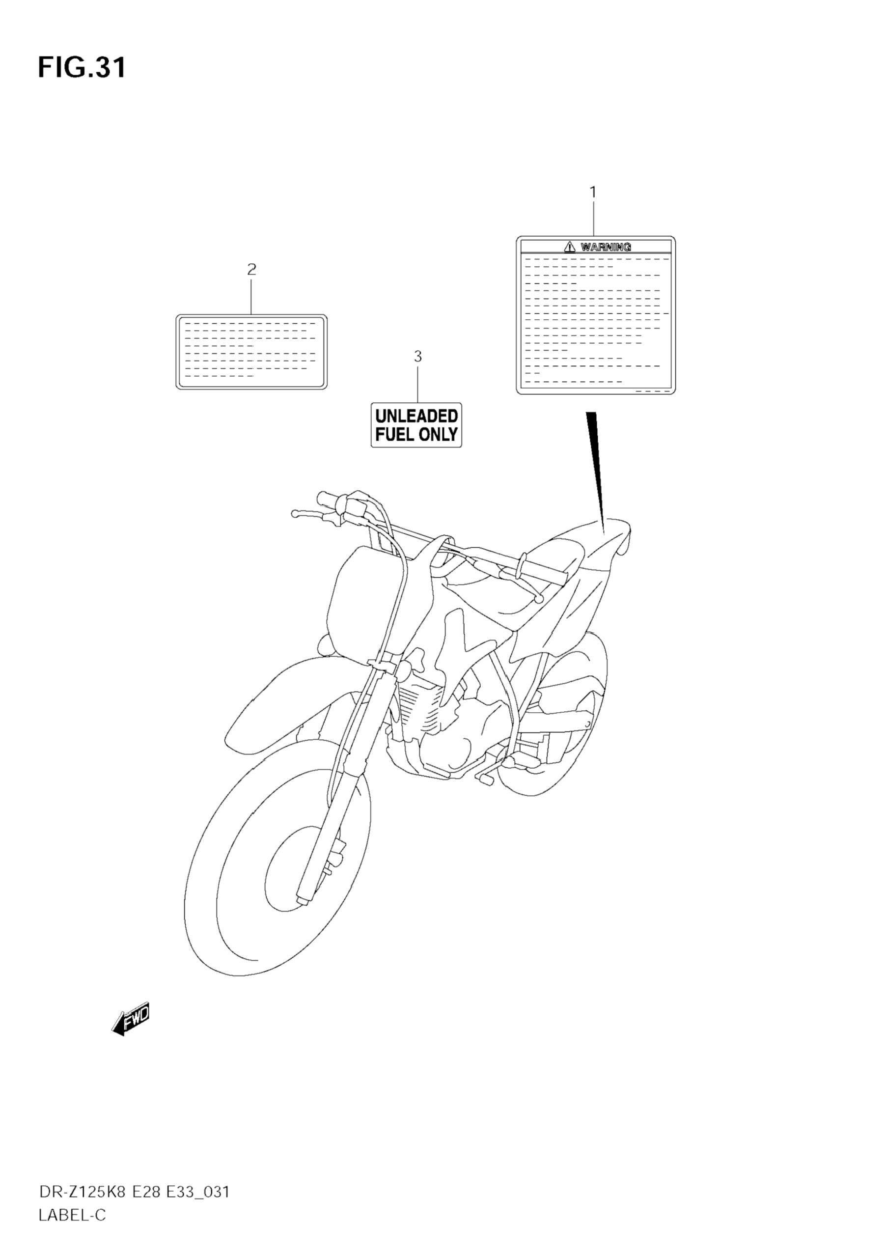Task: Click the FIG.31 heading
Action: (x=82, y=68)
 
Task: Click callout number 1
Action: (x=593, y=192)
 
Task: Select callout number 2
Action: (x=251, y=269)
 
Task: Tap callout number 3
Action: (x=418, y=357)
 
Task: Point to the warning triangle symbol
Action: (x=570, y=247)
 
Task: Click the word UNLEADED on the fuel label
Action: (x=416, y=416)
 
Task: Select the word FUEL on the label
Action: (x=394, y=435)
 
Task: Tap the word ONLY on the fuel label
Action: (x=438, y=435)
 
